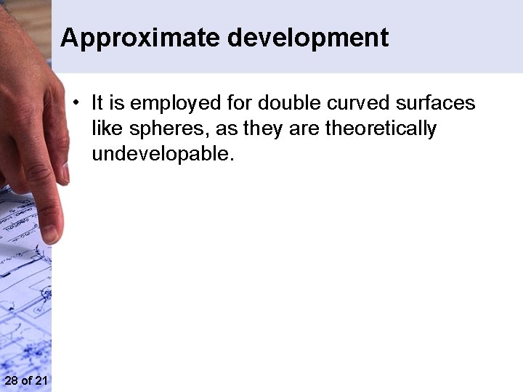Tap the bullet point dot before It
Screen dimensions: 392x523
[x=76, y=103]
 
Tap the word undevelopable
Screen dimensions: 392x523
[x=163, y=154]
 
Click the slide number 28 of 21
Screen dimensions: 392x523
[x=25, y=381]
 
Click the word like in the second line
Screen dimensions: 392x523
[x=105, y=128]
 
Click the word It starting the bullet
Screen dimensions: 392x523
[x=98, y=103]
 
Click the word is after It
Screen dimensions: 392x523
[x=116, y=103]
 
